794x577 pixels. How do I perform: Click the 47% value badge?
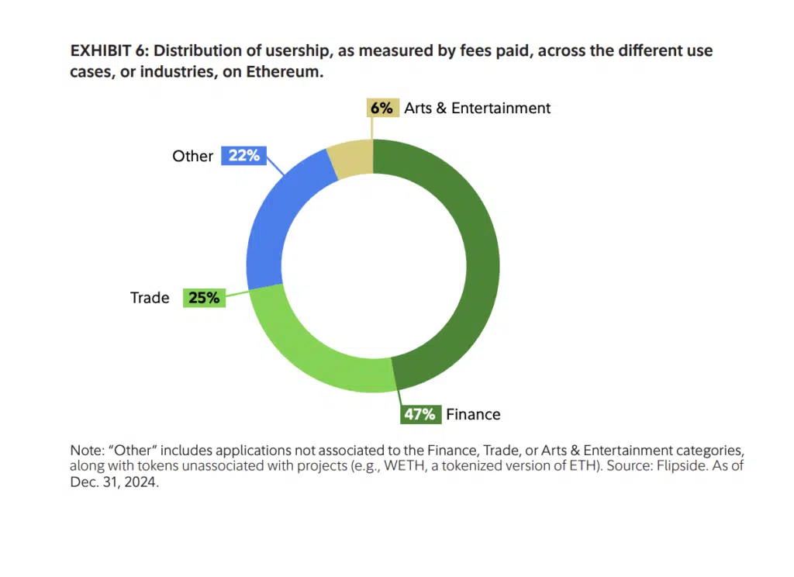(x=419, y=414)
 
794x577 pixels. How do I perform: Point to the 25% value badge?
(x=204, y=298)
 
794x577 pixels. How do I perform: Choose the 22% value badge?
(x=243, y=156)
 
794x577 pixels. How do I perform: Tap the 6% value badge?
(x=381, y=109)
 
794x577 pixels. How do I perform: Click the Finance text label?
(x=473, y=414)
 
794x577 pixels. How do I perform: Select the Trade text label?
(x=150, y=298)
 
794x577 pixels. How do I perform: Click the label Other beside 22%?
(x=192, y=156)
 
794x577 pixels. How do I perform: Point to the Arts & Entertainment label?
(x=477, y=109)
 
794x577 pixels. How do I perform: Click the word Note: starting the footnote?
(x=88, y=451)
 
